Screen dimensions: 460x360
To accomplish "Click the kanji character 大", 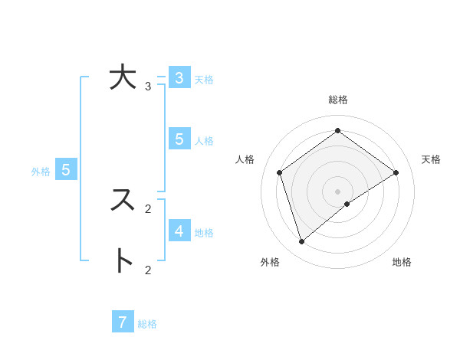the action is (123, 78).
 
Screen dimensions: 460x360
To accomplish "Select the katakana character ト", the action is (123, 260).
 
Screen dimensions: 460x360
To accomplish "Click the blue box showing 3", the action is (179, 78).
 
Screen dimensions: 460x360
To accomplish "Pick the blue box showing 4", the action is (179, 231).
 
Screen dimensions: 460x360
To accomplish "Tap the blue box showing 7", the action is (123, 322).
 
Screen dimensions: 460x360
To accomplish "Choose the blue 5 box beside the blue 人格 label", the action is (179, 139).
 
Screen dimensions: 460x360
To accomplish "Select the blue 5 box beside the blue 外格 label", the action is (66, 170).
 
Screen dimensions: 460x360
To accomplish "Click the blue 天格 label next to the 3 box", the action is (204, 80).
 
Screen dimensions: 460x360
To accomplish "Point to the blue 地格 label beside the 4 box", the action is (204, 233).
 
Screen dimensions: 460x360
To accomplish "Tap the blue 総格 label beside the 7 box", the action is (147, 324).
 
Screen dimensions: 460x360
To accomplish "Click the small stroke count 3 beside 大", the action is (148, 87).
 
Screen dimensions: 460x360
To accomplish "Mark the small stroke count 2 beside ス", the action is (148, 208).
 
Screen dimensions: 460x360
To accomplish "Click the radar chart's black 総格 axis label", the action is (338, 100).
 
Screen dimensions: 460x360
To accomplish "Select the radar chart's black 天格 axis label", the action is (431, 159).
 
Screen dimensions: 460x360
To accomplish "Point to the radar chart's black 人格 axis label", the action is (245, 159).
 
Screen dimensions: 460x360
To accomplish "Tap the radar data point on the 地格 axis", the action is (347, 204).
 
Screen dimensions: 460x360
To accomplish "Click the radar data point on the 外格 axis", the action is (301, 242).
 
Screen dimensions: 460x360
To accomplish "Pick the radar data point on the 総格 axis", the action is (338, 130).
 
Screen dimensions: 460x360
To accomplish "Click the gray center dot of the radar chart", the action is (338, 191).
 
